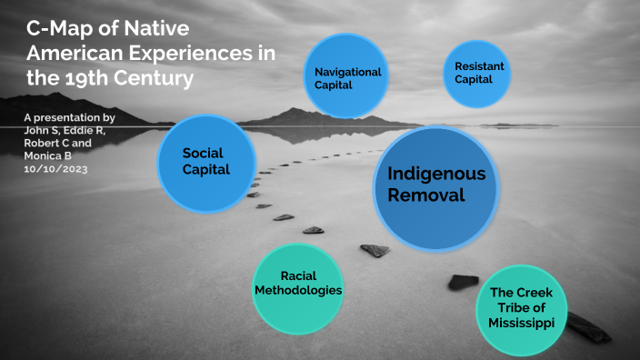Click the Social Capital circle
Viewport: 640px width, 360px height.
[x=205, y=161]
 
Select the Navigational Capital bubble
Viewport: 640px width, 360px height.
[x=347, y=78]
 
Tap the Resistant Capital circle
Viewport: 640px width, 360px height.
[x=476, y=73]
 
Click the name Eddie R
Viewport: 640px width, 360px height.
[x=88, y=131]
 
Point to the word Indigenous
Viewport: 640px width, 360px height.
[x=436, y=174]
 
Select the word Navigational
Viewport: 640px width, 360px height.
[x=347, y=72]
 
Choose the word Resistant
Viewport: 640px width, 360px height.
[x=479, y=66]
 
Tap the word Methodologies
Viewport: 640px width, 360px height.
[x=297, y=291]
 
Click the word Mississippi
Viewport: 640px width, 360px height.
[x=527, y=322]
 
